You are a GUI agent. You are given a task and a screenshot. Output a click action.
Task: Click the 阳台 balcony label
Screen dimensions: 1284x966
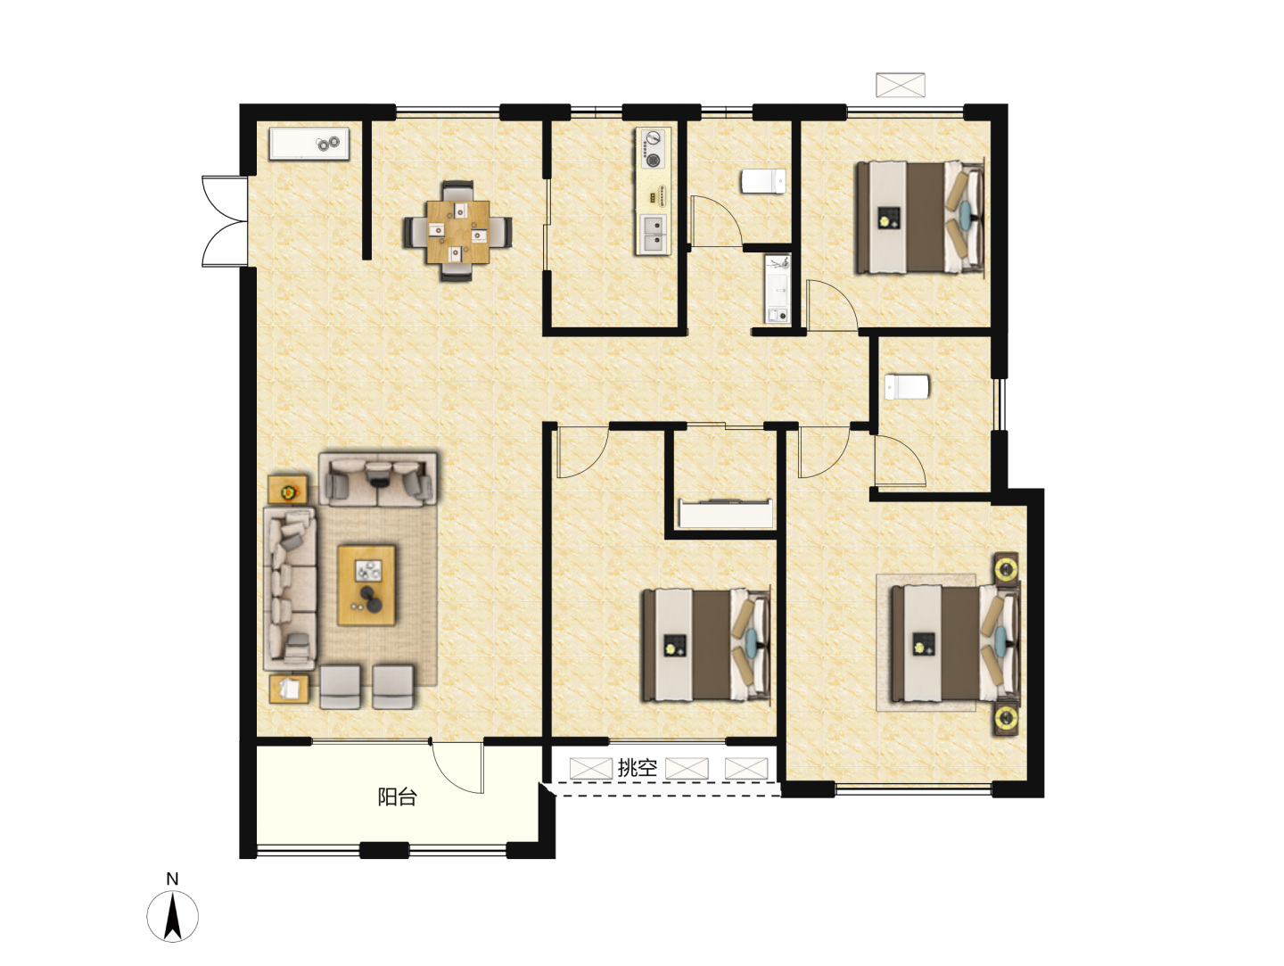click(397, 797)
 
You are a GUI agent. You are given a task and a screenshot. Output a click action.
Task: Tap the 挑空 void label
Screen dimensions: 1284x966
click(637, 768)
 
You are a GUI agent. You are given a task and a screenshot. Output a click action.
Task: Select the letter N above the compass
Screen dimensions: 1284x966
click(172, 879)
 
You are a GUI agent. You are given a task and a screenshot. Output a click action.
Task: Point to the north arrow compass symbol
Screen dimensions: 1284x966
click(172, 916)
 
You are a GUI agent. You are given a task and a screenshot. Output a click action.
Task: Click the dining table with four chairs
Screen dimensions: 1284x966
click(457, 231)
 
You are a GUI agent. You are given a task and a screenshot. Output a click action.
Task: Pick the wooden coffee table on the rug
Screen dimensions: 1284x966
click(366, 585)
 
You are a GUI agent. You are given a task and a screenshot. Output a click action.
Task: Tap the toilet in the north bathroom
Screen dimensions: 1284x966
click(763, 181)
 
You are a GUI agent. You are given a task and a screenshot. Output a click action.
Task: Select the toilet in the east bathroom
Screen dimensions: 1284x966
click(907, 387)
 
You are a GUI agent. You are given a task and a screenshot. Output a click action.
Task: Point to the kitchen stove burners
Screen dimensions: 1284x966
click(652, 148)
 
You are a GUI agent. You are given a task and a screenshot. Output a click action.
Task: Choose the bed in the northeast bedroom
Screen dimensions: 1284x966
click(919, 218)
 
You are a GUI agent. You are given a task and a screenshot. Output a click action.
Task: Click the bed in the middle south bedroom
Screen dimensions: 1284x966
click(706, 645)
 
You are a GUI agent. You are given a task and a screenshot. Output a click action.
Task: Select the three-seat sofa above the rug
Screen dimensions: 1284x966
click(378, 479)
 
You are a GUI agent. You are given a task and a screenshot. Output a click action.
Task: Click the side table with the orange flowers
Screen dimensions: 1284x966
click(288, 490)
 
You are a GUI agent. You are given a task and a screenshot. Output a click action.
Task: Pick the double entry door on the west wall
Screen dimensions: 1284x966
click(225, 221)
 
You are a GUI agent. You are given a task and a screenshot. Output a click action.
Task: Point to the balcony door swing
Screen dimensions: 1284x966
click(457, 767)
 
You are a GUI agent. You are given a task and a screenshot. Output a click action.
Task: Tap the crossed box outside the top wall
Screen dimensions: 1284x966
click(901, 85)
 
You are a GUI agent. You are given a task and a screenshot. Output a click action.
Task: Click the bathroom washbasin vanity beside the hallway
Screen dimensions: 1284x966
click(778, 289)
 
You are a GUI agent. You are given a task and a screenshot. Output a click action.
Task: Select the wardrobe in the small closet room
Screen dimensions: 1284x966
click(726, 514)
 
